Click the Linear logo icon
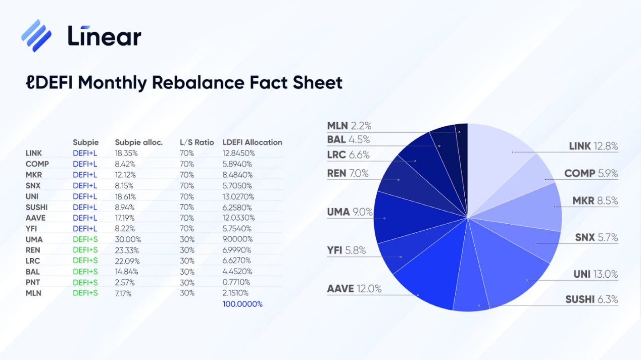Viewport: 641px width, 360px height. tap(36, 35)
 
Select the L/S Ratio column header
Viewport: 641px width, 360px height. tap(197, 142)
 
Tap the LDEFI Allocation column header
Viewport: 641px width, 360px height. tap(252, 142)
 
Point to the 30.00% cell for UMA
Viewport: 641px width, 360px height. tap(128, 239)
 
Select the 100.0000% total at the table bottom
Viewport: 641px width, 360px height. tap(242, 304)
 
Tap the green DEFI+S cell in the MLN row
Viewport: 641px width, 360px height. tap(85, 293)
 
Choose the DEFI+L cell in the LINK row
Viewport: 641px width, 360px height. tap(85, 153)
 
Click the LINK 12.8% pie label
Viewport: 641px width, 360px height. tap(593, 146)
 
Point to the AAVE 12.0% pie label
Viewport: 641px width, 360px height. tap(354, 289)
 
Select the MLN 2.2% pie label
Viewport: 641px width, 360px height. tap(349, 126)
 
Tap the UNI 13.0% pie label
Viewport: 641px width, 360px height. tap(596, 274)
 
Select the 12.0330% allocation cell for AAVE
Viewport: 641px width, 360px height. tap(239, 218)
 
